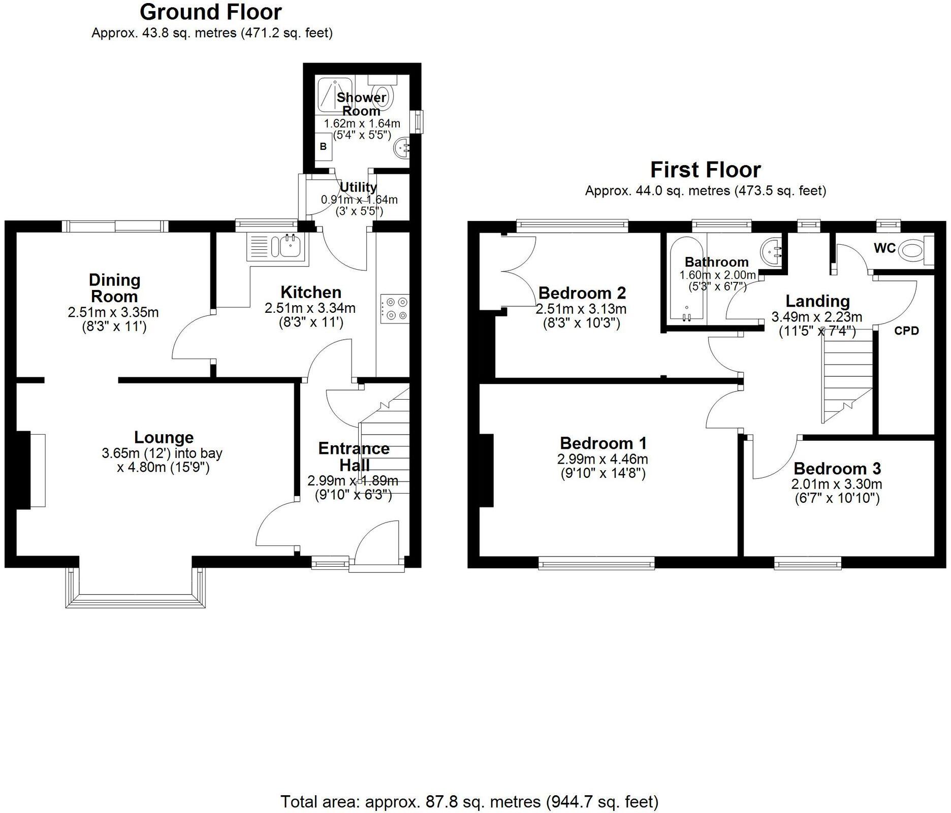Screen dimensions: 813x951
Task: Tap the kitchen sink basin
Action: click(290, 247)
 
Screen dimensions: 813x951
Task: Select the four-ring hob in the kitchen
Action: click(394, 308)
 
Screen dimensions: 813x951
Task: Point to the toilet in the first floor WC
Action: click(912, 250)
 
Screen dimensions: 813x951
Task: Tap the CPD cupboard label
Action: click(906, 331)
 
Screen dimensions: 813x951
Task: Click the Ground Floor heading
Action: click(211, 12)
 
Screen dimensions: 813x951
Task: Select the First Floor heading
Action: click(705, 170)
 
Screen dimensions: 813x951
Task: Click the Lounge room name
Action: click(164, 437)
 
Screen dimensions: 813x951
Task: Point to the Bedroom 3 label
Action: click(837, 468)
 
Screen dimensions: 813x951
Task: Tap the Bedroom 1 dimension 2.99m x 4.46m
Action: click(603, 460)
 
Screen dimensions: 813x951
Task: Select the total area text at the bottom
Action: click(469, 802)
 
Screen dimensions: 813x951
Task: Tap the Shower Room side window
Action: click(418, 122)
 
